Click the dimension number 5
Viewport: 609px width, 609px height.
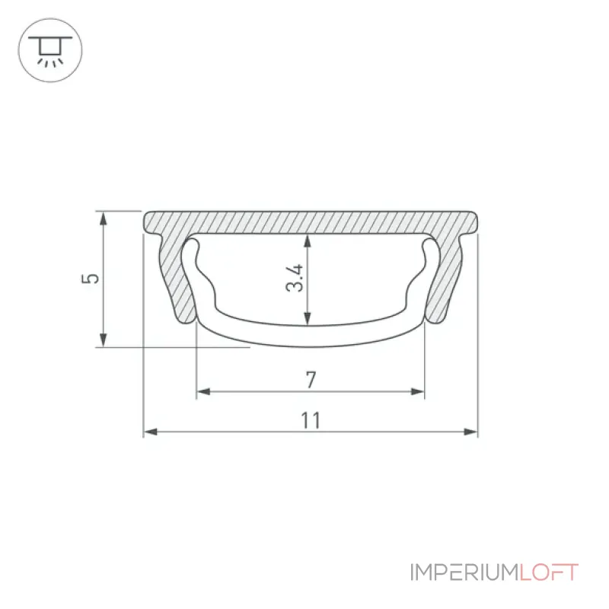click(x=91, y=279)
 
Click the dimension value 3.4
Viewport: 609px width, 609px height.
click(x=295, y=278)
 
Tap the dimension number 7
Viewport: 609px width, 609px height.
click(x=311, y=380)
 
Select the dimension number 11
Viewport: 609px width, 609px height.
click(x=311, y=421)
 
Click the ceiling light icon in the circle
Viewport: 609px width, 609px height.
click(x=50, y=50)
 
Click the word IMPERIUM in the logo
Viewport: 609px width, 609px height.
click(x=464, y=572)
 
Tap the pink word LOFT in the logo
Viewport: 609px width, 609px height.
click(x=549, y=572)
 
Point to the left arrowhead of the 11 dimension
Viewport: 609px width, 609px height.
click(x=151, y=432)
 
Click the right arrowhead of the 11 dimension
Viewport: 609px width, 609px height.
click(x=470, y=432)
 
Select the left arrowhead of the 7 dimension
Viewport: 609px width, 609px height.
click(x=203, y=391)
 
